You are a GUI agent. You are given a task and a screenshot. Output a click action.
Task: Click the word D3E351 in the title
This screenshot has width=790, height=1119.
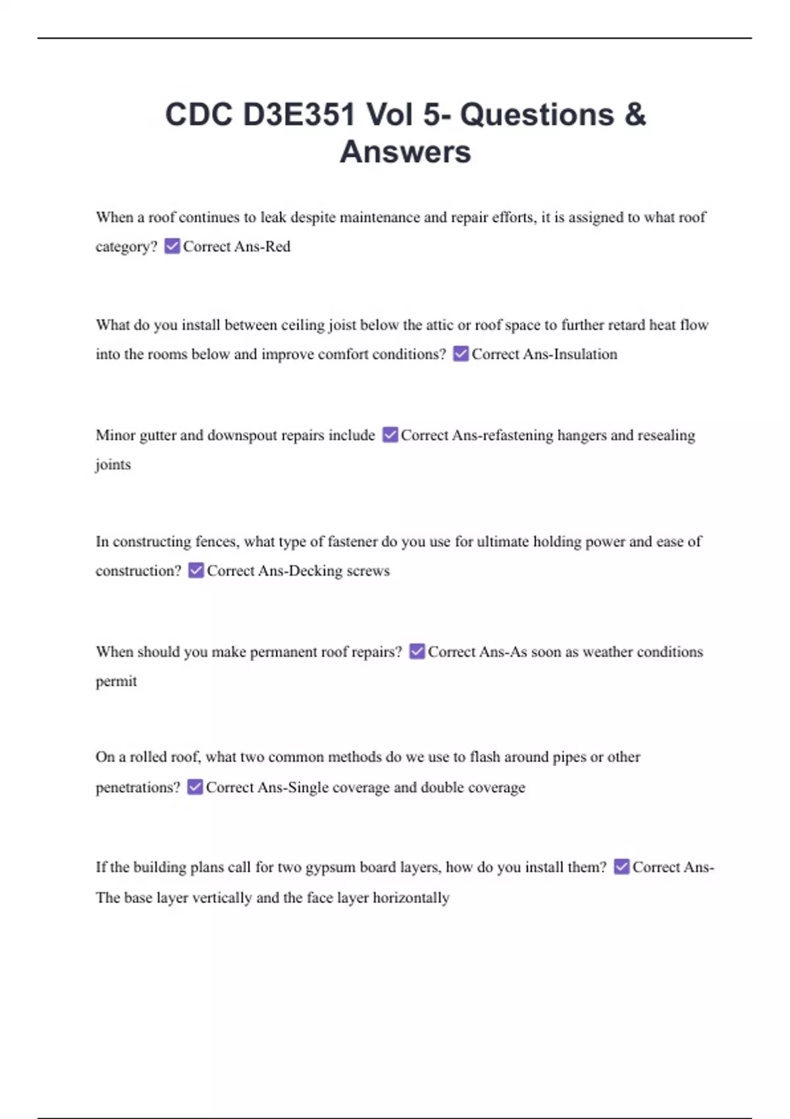click(300, 115)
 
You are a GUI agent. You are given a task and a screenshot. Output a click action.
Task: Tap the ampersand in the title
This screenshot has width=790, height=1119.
click(635, 115)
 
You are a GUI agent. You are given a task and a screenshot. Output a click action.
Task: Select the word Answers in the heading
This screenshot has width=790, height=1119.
click(406, 152)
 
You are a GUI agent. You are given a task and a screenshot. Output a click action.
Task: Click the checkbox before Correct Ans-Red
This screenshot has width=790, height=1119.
click(172, 246)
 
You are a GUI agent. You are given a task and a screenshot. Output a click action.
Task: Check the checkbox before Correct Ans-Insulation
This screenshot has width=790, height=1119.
click(461, 354)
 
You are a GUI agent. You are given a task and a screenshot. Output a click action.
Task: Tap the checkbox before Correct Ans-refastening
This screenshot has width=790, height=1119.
click(390, 435)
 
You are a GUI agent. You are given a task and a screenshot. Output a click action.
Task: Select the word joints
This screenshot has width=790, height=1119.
click(113, 465)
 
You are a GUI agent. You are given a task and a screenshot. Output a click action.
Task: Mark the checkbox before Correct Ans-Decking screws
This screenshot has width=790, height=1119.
click(196, 570)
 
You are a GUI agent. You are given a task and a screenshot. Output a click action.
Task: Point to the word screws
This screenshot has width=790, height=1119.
click(368, 571)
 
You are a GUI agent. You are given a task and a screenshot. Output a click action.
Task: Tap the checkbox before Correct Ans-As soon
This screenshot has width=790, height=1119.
click(417, 652)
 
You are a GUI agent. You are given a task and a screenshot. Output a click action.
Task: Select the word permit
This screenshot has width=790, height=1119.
click(117, 681)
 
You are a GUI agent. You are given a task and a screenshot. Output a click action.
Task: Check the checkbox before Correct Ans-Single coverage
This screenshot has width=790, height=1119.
click(195, 787)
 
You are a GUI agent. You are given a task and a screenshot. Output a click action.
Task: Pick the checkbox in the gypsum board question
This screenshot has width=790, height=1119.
click(621, 867)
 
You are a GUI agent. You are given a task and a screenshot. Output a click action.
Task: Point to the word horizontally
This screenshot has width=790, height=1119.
click(411, 898)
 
